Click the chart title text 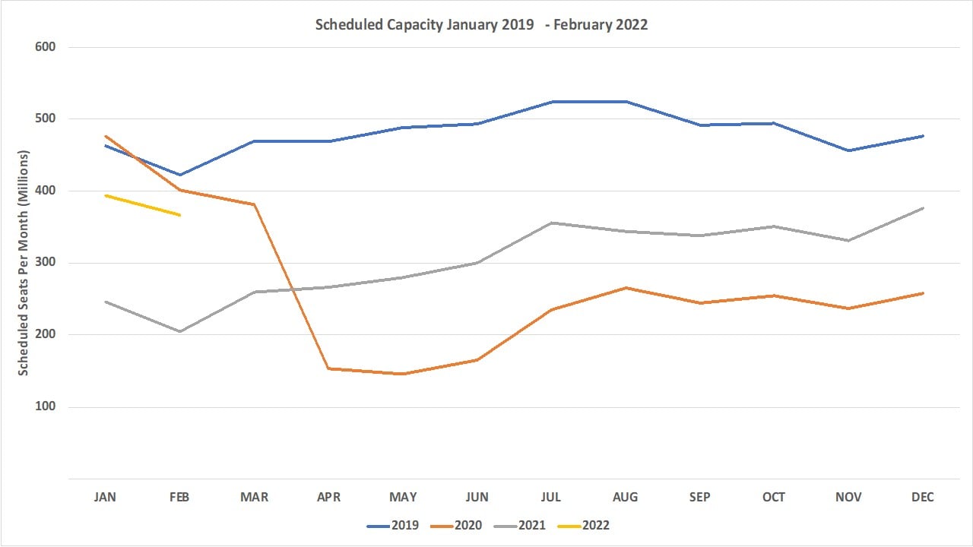481,24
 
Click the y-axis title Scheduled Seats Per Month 24,262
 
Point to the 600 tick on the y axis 46,47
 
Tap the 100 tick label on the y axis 46,406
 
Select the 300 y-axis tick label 46,263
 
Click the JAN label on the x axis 105,497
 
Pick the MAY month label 403,497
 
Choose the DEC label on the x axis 922,497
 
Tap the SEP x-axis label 699,497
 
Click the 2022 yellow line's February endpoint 179,215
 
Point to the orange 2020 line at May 403,374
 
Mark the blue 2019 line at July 551,102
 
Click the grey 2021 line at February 179,331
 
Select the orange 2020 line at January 105,136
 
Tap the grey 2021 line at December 922,208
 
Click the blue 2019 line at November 848,150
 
